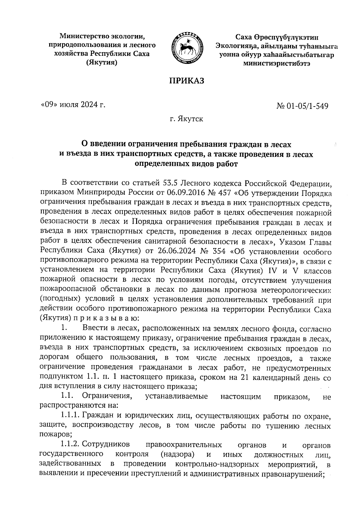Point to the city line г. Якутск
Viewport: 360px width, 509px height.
[x=186, y=119]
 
